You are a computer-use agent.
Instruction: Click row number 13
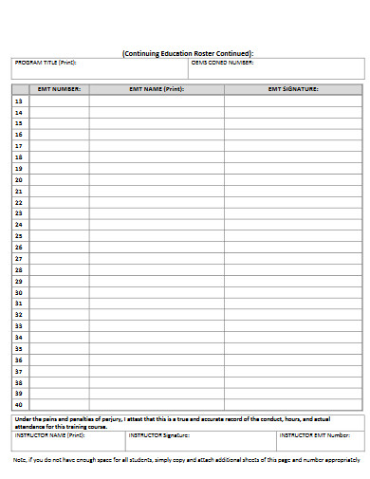coord(19,101)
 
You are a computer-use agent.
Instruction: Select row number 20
coord(19,179)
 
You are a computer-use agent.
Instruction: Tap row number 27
coord(19,258)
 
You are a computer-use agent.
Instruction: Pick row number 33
coord(19,325)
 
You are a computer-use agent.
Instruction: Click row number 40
coord(19,404)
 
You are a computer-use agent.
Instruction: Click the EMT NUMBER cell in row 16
coord(60,135)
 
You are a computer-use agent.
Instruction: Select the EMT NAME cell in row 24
coord(157,225)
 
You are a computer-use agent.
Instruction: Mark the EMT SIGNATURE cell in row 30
coord(293,292)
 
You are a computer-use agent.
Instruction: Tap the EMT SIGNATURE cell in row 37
coord(293,371)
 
